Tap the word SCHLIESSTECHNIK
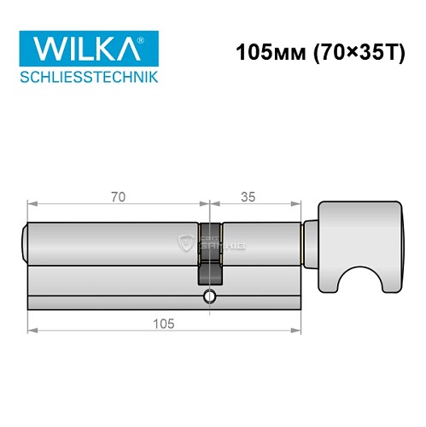(x=88, y=79)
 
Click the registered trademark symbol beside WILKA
(x=152, y=37)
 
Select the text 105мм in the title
(x=264, y=51)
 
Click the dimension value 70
(x=118, y=196)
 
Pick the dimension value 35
(x=249, y=196)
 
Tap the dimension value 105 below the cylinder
(x=164, y=322)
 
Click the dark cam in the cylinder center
(x=210, y=256)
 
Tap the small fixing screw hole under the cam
(x=209, y=297)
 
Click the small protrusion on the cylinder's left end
(x=24, y=243)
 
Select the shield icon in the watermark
(x=187, y=244)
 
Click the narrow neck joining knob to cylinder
(x=311, y=243)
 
